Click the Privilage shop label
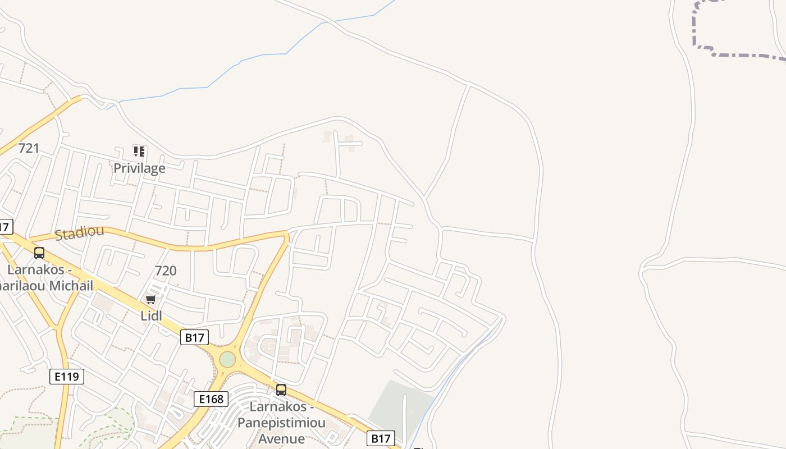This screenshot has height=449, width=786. tap(139, 168)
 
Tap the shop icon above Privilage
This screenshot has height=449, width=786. tap(139, 151)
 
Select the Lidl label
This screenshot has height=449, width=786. tap(151, 315)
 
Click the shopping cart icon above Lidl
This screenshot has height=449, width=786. tap(150, 299)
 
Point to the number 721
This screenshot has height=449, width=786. tap(29, 148)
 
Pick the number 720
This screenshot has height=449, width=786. tap(166, 271)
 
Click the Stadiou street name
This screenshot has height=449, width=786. tap(80, 233)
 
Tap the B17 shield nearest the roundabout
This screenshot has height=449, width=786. tap(194, 337)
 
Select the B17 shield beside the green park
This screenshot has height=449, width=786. tap(380, 438)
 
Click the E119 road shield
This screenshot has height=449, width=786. tap(67, 377)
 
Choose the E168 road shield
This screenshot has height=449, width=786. tap(211, 399)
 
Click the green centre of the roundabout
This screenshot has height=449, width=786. tap(227, 359)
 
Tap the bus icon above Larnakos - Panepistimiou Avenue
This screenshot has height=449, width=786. tap(281, 390)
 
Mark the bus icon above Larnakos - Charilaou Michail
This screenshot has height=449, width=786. tap(39, 253)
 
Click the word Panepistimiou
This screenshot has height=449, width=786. tap(281, 422)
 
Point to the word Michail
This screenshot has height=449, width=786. tap(71, 286)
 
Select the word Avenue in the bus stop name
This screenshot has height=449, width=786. tap(281, 438)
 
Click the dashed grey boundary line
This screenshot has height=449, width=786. tap(741, 56)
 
